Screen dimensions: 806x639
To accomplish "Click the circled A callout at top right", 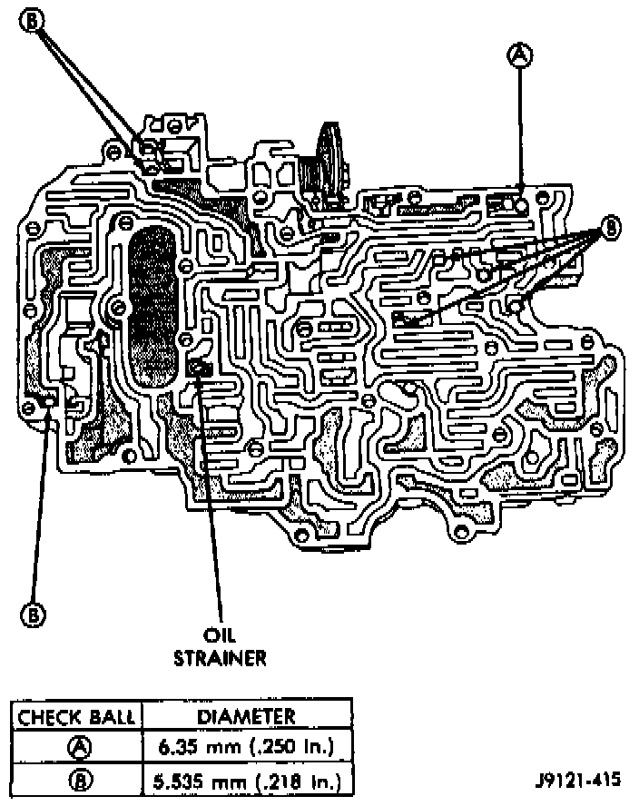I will pyautogui.click(x=520, y=55).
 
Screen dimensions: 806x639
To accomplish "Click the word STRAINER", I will pyautogui.click(x=221, y=657).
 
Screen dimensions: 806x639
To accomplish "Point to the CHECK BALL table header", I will pyautogui.click(x=77, y=716).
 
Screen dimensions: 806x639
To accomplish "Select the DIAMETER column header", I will pyautogui.click(x=244, y=716).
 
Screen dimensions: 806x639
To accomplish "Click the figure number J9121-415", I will pyautogui.click(x=579, y=780).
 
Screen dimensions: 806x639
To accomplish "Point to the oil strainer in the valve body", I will pyautogui.click(x=201, y=367).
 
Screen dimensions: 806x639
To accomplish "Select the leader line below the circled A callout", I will pyautogui.click(x=520, y=127).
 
